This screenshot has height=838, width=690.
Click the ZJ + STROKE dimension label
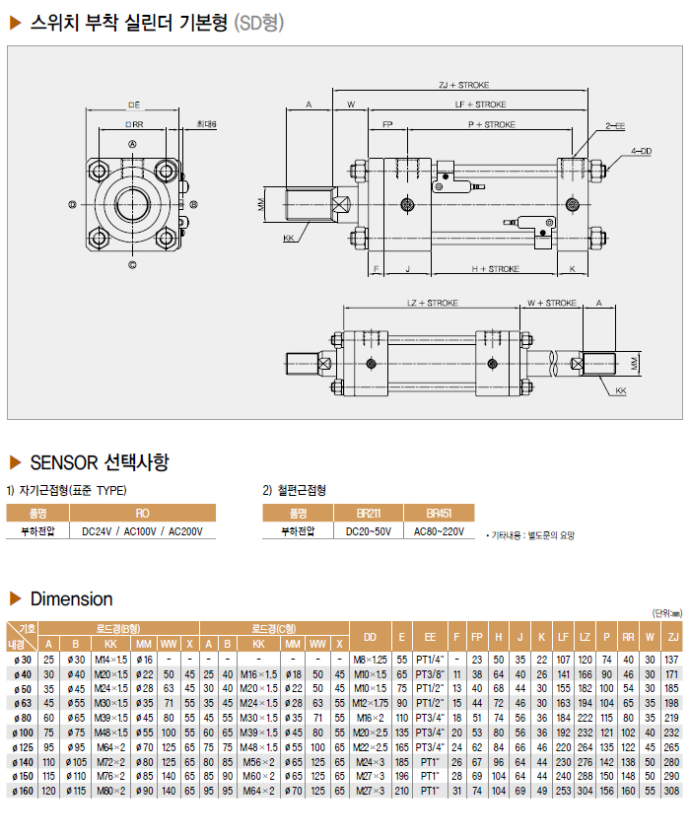click(x=463, y=86)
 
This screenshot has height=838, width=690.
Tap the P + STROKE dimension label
click(x=492, y=125)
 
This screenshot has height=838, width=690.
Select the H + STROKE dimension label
click(x=495, y=268)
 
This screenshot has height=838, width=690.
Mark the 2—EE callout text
click(x=615, y=126)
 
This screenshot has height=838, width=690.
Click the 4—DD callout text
click(x=642, y=151)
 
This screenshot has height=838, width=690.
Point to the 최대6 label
click(x=206, y=124)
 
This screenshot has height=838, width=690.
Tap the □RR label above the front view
click(x=135, y=125)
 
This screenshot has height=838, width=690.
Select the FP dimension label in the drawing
click(x=387, y=125)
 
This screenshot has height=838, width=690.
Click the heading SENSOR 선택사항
click(x=99, y=461)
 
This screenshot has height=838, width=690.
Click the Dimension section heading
click(x=72, y=598)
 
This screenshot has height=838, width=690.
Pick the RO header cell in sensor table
click(x=142, y=513)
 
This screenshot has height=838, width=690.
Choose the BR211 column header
click(x=369, y=513)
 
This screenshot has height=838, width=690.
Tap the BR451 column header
click(x=439, y=513)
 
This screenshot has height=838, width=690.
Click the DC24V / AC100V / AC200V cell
click(x=142, y=531)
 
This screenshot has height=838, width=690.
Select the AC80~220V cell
click(x=439, y=531)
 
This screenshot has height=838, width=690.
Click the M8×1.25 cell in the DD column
click(x=370, y=659)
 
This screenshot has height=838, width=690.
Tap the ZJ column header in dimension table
click(x=671, y=636)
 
